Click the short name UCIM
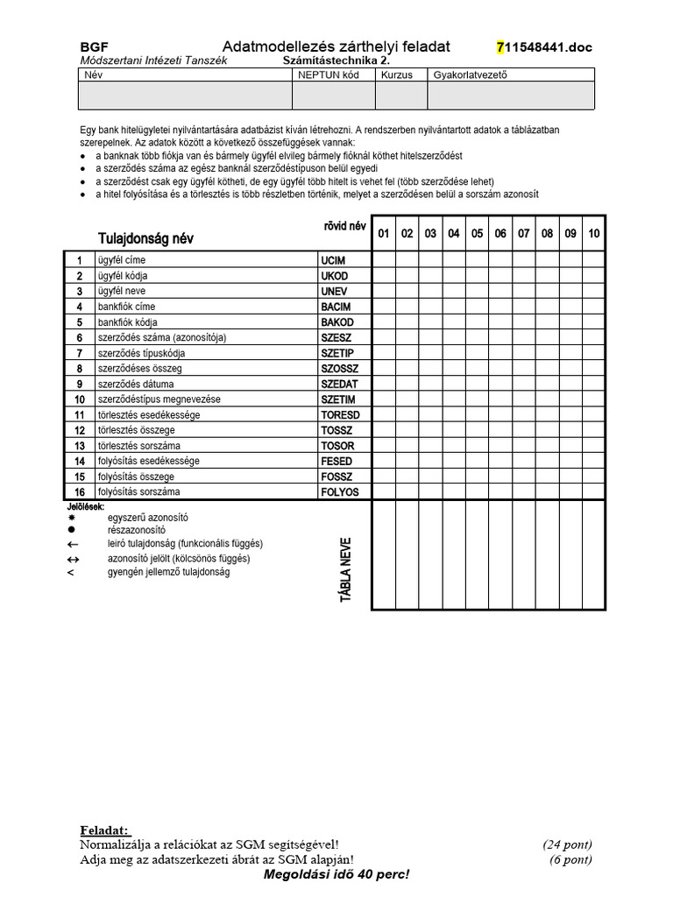coord(334,261)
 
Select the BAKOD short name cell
coord(336,322)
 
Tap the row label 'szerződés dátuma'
coord(135,384)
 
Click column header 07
coord(523,234)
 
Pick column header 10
coord(593,234)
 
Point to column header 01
coord(384,234)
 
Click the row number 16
coord(79,492)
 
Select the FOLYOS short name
coord(340,492)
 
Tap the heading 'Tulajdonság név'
coord(145,238)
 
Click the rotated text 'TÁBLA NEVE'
coord(345,569)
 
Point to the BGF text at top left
coord(94,47)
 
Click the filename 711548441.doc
coord(544,47)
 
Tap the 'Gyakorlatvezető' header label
coord(470,75)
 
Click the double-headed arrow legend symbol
coord(73,559)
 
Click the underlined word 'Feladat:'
coord(104,830)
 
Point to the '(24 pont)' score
coord(567,845)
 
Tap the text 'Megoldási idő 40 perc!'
coord(336,875)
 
